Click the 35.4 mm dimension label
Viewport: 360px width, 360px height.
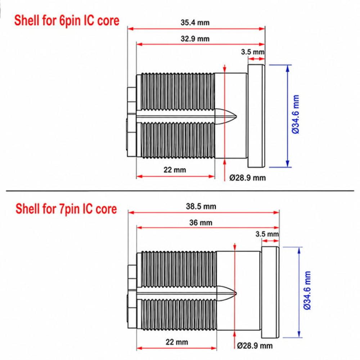(195, 22)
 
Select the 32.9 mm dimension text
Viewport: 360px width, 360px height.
(195, 39)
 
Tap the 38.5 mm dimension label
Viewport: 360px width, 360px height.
(201, 206)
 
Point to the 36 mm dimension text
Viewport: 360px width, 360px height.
(201, 222)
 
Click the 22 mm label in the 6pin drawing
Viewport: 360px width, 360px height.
(175, 170)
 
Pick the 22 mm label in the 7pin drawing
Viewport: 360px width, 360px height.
(177, 342)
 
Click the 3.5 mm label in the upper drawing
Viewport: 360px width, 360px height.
(253, 52)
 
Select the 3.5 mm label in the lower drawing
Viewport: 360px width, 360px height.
(267, 234)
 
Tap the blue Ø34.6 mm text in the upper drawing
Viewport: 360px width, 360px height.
(296, 114)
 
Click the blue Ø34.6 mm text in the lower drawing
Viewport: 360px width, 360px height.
(307, 291)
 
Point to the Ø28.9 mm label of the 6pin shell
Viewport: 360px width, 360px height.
(248, 178)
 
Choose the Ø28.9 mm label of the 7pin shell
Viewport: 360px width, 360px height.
(255, 346)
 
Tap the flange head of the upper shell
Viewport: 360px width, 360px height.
(256, 116)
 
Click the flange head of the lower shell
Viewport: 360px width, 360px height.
(270, 292)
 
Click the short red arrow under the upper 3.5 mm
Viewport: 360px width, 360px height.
(256, 59)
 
